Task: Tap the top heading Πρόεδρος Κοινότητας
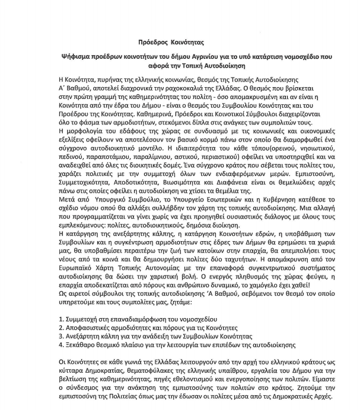click(x=168, y=42)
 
